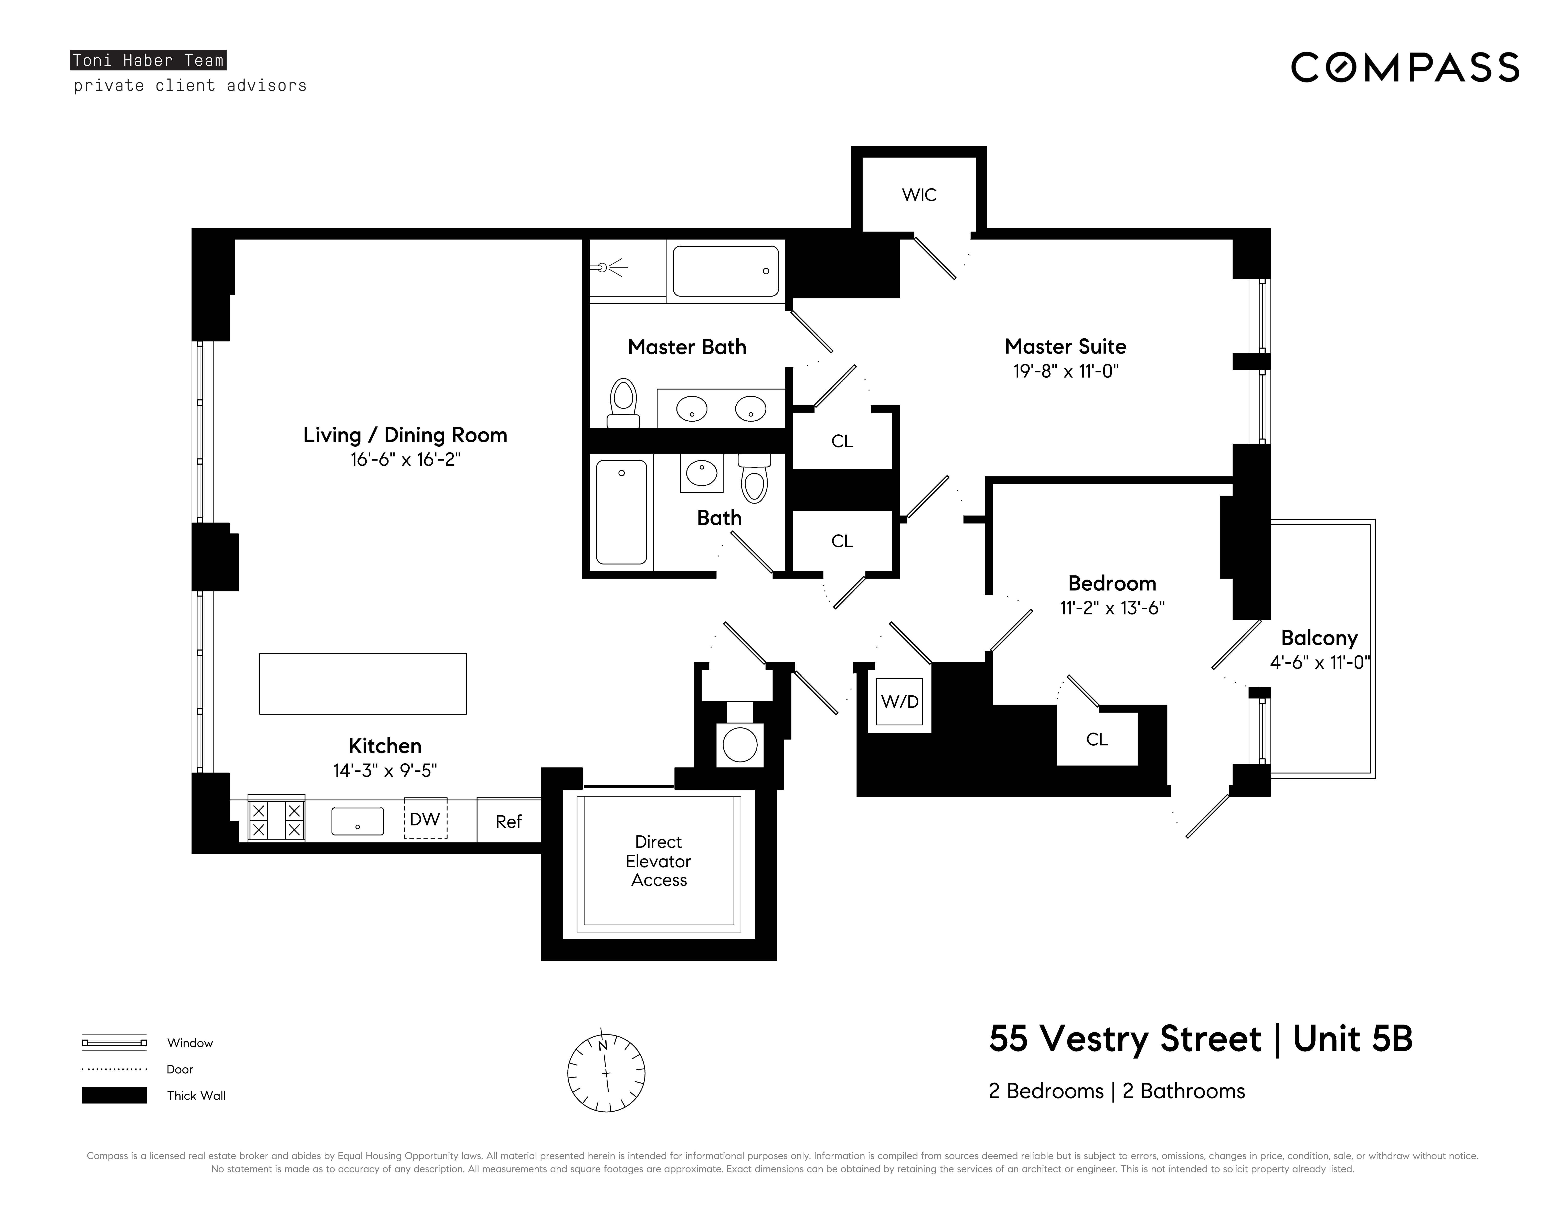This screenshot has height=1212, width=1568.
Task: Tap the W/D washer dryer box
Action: (899, 702)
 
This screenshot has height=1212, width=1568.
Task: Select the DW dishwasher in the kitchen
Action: (425, 819)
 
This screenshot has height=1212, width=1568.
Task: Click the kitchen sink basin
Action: (357, 821)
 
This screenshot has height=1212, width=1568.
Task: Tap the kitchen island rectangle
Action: (363, 684)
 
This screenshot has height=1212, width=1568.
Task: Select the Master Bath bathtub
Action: (726, 271)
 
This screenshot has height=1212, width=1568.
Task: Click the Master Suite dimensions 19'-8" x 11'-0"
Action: (1066, 371)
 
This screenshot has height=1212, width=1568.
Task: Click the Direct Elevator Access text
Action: (658, 861)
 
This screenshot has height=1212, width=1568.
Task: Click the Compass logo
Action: (1405, 68)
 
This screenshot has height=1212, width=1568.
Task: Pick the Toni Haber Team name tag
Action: (148, 60)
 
